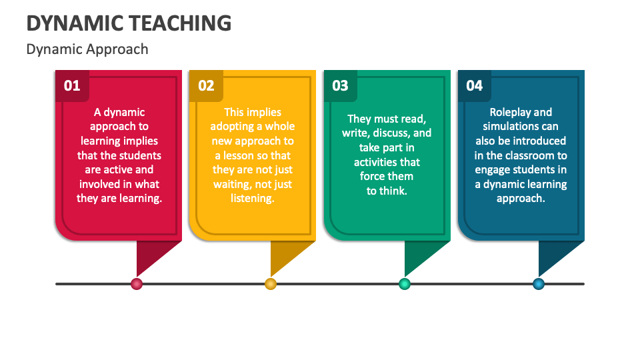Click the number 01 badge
[x=72, y=85]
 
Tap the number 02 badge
[x=206, y=85]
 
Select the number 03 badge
[x=340, y=85]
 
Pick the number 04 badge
[x=474, y=85]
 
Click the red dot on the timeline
[x=137, y=284]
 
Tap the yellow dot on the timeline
[x=271, y=284]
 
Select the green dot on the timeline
[x=405, y=284]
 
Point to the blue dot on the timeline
[x=539, y=284]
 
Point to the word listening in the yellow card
[x=253, y=198]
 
